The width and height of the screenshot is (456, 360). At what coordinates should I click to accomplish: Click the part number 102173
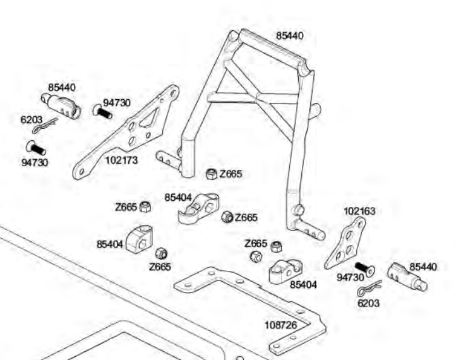121,160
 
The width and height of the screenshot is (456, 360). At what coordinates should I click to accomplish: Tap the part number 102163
359,211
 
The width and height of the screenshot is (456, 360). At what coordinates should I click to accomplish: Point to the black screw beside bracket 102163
363,267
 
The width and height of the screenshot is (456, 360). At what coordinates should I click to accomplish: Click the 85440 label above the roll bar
289,36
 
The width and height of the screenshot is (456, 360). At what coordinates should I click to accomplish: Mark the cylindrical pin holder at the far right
407,277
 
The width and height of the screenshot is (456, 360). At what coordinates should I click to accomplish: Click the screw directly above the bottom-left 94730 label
35,149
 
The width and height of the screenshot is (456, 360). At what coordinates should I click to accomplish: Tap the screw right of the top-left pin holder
102,112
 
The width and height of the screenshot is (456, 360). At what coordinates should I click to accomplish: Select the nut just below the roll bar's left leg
212,174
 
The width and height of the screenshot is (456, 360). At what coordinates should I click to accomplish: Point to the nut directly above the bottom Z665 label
161,253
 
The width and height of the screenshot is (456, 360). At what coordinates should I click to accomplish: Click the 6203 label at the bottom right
368,303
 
